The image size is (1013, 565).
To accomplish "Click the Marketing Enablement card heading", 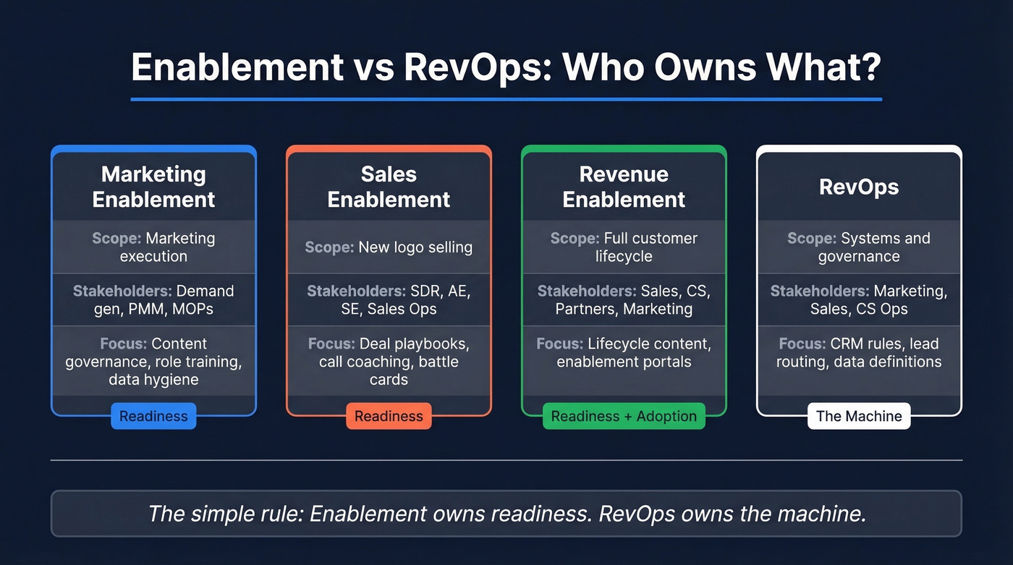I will point(153,187).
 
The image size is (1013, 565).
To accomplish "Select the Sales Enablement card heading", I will point(389,187).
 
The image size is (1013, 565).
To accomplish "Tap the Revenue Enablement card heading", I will point(624,187).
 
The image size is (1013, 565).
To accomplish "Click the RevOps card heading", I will point(859,187).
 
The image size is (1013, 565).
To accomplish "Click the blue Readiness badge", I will point(153,416).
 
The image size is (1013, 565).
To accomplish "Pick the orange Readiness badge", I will point(389,416).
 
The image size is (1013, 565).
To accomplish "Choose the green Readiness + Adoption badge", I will point(624,416).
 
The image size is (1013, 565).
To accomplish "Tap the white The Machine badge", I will point(859,416).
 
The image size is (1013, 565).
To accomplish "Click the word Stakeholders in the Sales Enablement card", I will point(354,292).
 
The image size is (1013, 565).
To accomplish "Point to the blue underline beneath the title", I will point(506,99).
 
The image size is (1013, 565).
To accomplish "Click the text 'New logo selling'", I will point(415,247).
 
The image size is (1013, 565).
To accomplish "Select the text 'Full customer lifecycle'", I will point(624,247).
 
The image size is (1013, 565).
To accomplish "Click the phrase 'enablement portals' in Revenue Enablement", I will point(624,362).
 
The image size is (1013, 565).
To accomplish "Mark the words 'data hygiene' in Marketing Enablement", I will point(153,380).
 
